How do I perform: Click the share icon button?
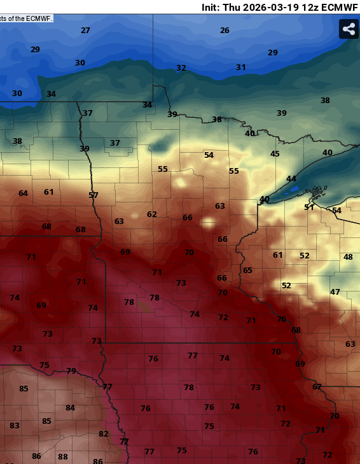(349, 29)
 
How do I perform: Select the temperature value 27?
(85, 31)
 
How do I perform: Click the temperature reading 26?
(225, 31)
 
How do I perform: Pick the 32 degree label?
(181, 68)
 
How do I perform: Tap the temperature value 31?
(241, 67)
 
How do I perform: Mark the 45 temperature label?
(275, 154)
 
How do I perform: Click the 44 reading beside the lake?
(291, 179)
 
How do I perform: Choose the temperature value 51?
(309, 207)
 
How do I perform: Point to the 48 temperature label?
(348, 257)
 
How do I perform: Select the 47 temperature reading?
(335, 292)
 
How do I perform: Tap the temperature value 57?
(93, 195)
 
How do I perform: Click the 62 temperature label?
(151, 214)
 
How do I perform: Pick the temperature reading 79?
(71, 371)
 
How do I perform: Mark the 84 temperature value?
(70, 408)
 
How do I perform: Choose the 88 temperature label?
(63, 457)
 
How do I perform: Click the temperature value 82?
(104, 434)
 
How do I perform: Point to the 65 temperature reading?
(247, 271)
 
